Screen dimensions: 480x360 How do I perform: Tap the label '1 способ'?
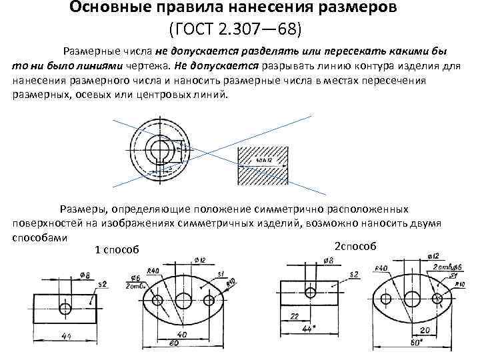117,250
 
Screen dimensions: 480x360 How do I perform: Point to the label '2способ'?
355,246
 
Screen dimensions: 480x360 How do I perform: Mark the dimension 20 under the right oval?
423,330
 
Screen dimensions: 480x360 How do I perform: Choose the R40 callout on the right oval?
381,268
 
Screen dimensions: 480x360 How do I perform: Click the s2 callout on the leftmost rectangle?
102,285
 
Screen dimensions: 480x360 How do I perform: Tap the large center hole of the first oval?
183,299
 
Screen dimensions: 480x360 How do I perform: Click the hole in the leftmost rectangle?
65,308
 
